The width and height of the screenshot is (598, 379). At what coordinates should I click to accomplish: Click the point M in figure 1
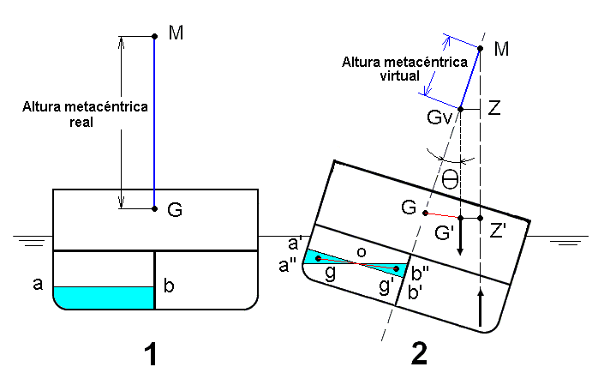154,36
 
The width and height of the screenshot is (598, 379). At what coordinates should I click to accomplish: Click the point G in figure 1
154,208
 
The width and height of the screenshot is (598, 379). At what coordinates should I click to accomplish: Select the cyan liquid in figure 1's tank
104,297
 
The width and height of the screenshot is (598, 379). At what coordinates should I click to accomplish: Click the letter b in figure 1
169,286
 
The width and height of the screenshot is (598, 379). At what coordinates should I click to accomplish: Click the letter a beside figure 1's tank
38,285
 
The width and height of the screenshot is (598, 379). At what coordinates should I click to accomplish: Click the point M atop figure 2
481,49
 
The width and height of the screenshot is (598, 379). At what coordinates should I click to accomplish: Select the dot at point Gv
460,109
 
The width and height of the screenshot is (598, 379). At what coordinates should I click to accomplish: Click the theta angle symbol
451,180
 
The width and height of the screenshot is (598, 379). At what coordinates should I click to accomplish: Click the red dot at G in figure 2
425,213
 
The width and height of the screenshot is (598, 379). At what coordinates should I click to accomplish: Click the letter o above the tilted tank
362,251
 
